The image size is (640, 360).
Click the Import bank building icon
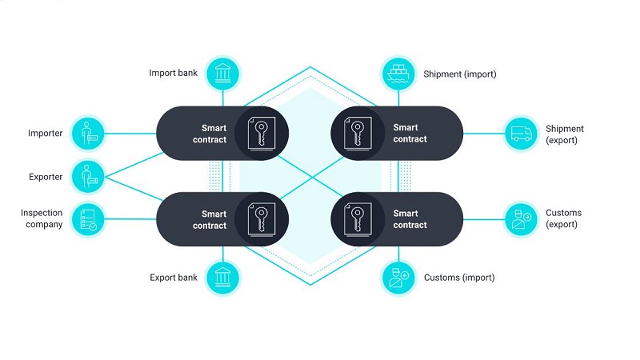coord(223,74)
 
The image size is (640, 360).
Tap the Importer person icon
coord(88,133)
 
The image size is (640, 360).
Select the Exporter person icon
coord(88,177)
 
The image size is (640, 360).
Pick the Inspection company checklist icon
coord(88,219)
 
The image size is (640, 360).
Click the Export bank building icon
coord(223,278)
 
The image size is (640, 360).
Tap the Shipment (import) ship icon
coord(398,74)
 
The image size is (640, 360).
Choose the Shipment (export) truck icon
coord(522,134)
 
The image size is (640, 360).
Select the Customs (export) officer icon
coord(522,219)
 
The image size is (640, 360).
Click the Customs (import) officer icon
coord(398,278)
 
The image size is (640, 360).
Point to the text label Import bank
coord(173,73)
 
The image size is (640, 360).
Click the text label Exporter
coord(46,177)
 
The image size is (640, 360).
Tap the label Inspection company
coord(42,218)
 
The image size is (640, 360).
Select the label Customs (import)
coord(459,278)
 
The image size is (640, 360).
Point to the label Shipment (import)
coord(459,74)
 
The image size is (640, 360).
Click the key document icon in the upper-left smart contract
coord(262,134)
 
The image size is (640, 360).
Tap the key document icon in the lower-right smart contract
coord(358,219)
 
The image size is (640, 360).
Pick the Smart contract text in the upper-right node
coord(410,133)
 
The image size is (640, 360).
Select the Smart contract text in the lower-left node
coord(210,219)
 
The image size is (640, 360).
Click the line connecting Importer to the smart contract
coord(130,134)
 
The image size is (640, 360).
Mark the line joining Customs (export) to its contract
coord(484,219)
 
